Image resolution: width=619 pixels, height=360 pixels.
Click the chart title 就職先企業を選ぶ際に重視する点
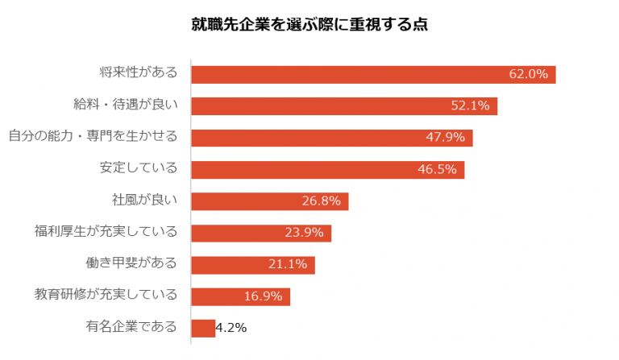tap(309, 23)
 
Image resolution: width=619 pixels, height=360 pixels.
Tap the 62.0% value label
tap(528, 74)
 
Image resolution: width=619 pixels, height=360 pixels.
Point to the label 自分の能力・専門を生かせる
tap(93, 137)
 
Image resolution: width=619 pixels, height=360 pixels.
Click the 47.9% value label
tap(446, 137)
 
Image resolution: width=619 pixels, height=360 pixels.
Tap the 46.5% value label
tap(437, 169)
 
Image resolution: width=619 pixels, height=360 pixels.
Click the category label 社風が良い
tap(144, 201)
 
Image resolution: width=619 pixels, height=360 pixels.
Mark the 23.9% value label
tap(304, 233)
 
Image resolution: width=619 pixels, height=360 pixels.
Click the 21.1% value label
tap(288, 264)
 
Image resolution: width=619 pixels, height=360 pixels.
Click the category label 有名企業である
tap(131, 328)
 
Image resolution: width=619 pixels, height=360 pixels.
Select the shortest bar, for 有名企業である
tap(203, 328)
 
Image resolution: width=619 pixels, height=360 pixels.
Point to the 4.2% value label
tap(231, 328)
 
